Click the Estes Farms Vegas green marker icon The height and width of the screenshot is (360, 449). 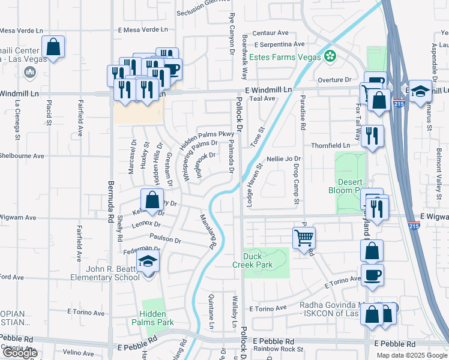[329, 57]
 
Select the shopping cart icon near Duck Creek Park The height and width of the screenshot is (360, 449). [304, 238]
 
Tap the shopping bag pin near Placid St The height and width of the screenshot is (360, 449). [53, 47]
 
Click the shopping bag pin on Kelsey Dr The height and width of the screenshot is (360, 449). [152, 200]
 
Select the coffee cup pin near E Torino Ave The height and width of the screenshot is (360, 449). [372, 275]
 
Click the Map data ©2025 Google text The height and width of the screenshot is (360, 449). [411, 355]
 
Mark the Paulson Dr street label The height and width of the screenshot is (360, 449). [165, 239]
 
